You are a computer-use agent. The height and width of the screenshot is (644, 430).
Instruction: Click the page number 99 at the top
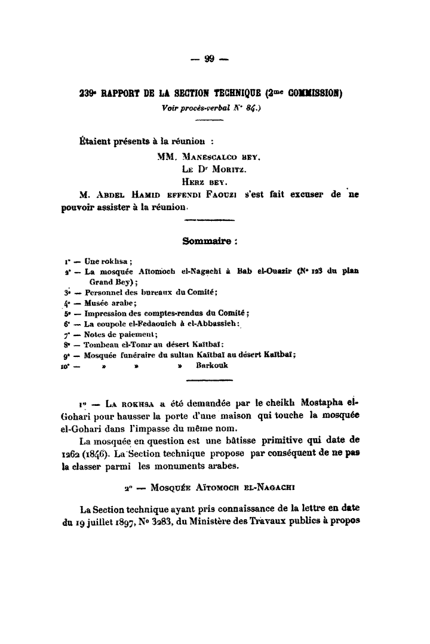point(209,58)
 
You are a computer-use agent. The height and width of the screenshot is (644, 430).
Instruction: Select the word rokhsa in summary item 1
point(115,261)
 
